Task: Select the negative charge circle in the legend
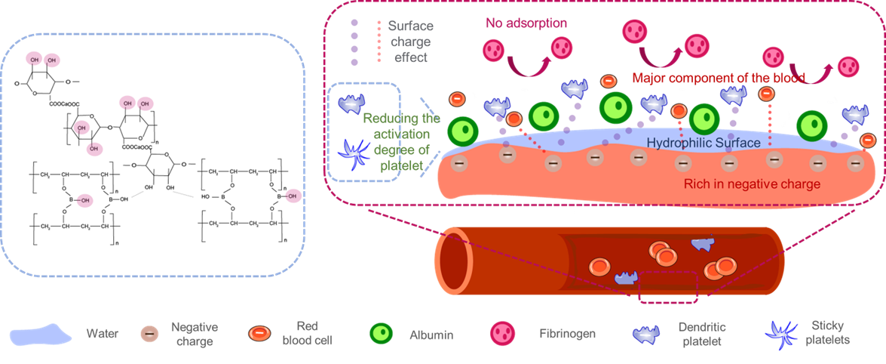pos(150,333)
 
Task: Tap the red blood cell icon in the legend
pos(258,333)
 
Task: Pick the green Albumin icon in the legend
pos(381,333)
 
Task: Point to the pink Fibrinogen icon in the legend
pos(502,333)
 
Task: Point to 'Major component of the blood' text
pos(719,77)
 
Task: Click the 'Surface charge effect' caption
pos(410,42)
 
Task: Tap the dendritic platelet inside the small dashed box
pos(352,103)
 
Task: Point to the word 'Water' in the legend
pos(103,333)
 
